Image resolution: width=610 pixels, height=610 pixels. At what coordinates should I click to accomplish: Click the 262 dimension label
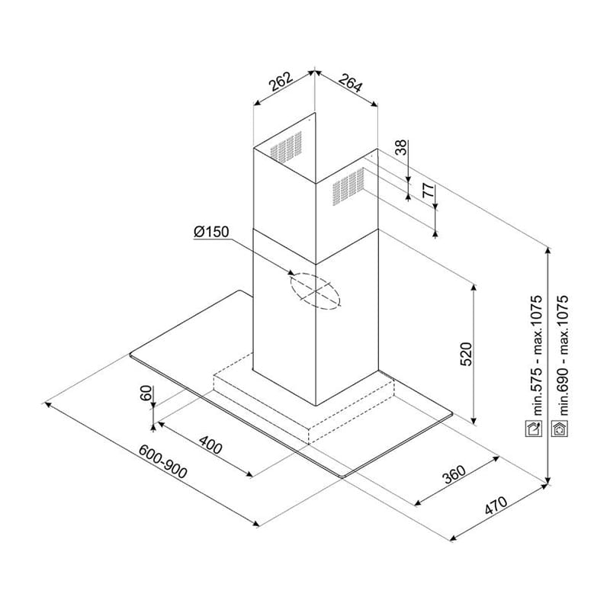tap(281, 82)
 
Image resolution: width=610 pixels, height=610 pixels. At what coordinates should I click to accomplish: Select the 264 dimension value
tap(350, 82)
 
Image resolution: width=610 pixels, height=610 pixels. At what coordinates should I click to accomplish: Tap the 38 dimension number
tap(400, 147)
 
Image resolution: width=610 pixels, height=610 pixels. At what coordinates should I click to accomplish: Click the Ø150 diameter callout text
tap(211, 232)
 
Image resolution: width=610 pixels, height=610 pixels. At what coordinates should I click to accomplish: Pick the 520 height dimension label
tap(466, 354)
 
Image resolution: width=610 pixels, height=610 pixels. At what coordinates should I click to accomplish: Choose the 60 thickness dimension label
tap(146, 393)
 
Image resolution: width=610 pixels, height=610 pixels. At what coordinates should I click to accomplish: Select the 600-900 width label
tap(163, 461)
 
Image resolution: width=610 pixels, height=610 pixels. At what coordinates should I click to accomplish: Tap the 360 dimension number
tap(454, 474)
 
